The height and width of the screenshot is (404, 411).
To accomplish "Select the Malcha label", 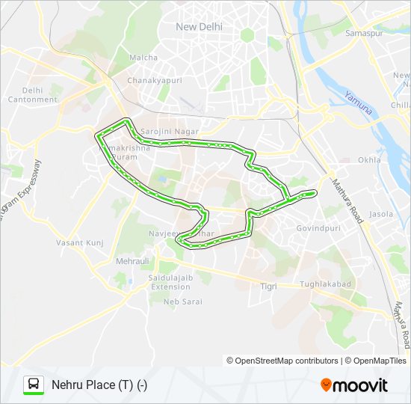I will pos(143,58).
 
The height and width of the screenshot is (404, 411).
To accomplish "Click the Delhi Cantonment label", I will pos(32,94).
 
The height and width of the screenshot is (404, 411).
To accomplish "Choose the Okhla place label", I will pos(369,160).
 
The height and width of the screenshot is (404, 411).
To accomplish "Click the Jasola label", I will pos(381,214).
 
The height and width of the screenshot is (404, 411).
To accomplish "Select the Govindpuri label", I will pos(318,227).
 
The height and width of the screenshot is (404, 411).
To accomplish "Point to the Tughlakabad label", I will pos(324,284).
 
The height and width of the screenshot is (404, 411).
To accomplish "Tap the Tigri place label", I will pos(268,287).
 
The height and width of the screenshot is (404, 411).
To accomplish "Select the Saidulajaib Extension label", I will pos(170,282).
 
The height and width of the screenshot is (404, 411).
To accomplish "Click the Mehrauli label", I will pos(132,262).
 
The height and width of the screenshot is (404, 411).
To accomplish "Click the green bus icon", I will pos(34,385).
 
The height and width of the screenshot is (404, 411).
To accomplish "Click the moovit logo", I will pos(354,385).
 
